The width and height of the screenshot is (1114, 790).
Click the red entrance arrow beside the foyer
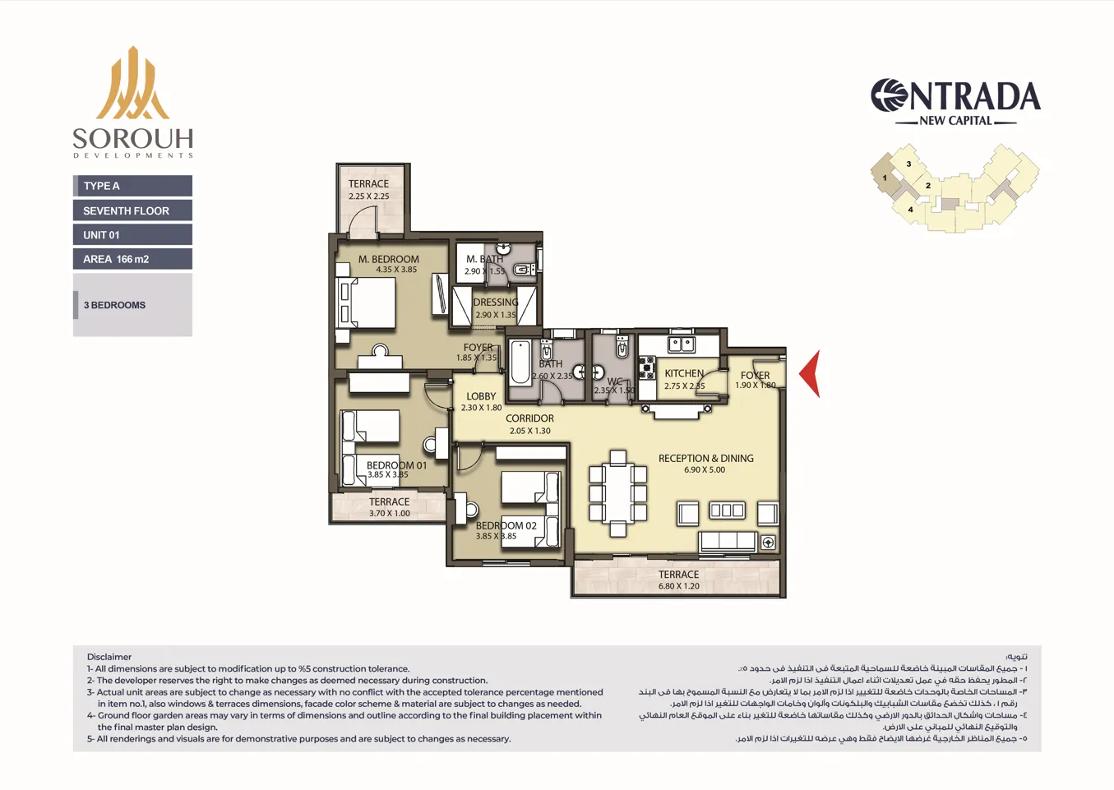(x=812, y=373)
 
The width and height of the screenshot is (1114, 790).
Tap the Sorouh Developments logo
(x=132, y=102)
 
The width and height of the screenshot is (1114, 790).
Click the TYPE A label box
(x=132, y=186)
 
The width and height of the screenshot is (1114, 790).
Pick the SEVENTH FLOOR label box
(x=132, y=210)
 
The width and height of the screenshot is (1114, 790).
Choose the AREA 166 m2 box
(x=132, y=259)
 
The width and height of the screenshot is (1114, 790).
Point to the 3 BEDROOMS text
(x=114, y=305)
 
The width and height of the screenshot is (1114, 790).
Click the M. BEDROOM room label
(x=388, y=259)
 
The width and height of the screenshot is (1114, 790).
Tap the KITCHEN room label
(x=684, y=373)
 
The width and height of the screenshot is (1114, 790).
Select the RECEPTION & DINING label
(x=705, y=459)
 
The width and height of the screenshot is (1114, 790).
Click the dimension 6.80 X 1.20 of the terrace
(x=678, y=586)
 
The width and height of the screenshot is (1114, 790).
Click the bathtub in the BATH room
(x=520, y=364)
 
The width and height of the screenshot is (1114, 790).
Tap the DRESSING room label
(x=496, y=303)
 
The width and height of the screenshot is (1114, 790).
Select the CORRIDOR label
(x=529, y=418)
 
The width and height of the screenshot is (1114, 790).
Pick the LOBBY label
(x=481, y=396)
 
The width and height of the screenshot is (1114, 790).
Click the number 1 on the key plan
(x=885, y=178)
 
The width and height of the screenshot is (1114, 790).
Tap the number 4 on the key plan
(x=910, y=210)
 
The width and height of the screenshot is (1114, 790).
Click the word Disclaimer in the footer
(x=109, y=657)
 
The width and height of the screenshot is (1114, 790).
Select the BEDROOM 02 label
(x=506, y=525)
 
